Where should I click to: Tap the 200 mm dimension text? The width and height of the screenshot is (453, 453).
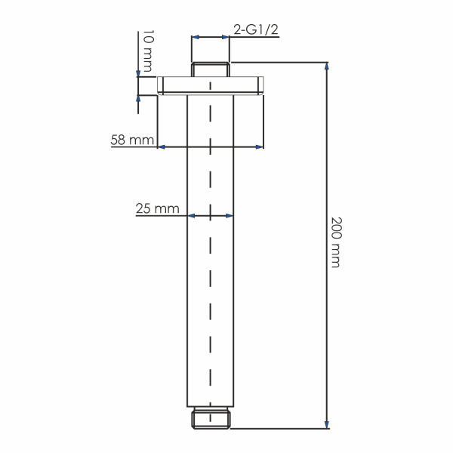pos(336,242)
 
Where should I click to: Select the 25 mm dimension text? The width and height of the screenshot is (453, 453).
pos(157,208)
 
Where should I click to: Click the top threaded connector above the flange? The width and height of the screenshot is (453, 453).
pos(211,69)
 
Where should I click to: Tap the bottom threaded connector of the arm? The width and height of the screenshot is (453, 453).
pos(211,418)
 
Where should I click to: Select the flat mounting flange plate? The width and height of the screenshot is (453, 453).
pos(211,85)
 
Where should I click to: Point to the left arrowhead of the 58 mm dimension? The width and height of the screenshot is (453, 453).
pos(162,146)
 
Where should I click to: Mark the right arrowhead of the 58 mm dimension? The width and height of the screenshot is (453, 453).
pos(260,146)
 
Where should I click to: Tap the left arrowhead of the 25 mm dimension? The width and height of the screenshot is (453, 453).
pos(191,216)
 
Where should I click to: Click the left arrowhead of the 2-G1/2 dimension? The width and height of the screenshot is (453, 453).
pos(196,36)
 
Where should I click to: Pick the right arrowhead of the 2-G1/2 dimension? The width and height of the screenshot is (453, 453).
pos(226,36)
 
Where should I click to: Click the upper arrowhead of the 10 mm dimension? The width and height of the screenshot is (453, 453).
pos(138,73)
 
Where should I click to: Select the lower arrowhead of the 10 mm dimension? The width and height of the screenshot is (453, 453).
pos(138,96)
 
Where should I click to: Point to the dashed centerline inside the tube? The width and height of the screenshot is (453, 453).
pos(210,264)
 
